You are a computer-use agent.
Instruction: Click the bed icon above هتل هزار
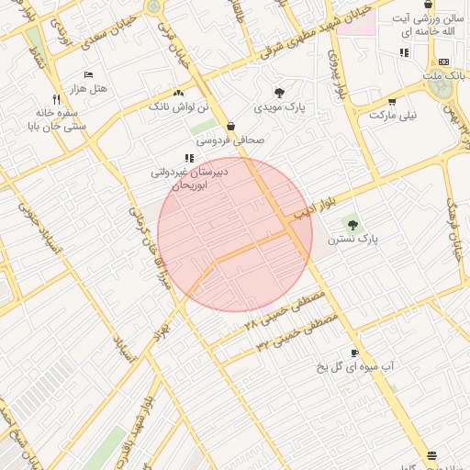pos(88,74)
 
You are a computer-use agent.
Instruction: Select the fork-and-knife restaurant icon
pos(57,99)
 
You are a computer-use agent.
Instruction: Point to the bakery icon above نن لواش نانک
pos(178,94)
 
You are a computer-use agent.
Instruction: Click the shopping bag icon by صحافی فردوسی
pos(229,127)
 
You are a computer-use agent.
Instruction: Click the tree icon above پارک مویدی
pos(279,93)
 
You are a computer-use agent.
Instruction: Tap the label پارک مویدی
pos(281,107)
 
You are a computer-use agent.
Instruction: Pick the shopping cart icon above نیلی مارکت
pos(392,103)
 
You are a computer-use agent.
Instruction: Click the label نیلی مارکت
pos(393,117)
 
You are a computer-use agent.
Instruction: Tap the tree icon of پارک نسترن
pos(352,223)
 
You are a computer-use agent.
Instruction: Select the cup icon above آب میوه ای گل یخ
pos(354,353)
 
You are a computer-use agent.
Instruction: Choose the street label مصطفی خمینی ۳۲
pos(296,332)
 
